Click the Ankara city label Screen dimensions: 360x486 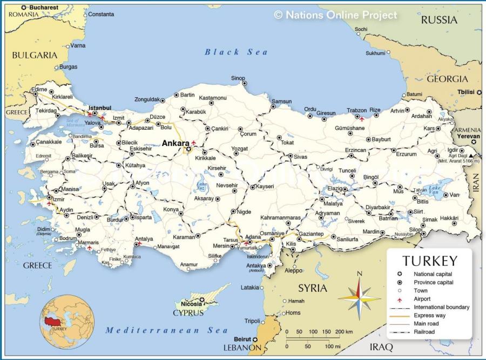pos(175,143)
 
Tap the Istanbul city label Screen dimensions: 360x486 pos(99,108)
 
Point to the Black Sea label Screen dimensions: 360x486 pos(236,52)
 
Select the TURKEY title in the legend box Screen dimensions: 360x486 pos(429,261)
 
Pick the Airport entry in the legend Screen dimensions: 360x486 pos(422,299)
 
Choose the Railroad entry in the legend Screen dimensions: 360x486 pos(424,331)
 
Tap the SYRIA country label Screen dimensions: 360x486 pos(313,288)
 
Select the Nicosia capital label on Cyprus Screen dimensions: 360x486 pos(191,303)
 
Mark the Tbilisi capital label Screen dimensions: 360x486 pos(466,92)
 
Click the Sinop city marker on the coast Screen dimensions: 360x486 pos(244,83)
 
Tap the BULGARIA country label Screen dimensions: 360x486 pos(35,55)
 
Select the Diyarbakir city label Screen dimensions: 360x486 pos(377,207)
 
